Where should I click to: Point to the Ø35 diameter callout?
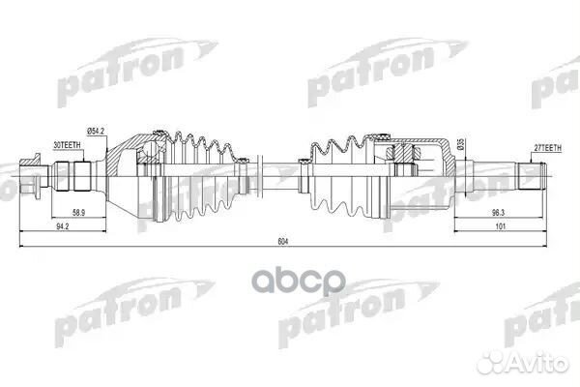461,144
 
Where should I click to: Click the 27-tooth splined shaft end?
531,176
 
